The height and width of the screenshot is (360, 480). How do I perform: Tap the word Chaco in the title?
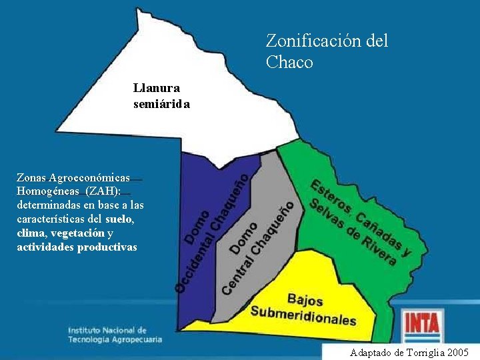[289, 63]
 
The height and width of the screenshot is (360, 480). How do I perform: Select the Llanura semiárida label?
[161, 95]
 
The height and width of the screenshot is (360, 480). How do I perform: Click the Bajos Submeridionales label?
[303, 309]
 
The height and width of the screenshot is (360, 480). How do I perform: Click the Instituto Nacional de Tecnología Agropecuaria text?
[115, 335]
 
